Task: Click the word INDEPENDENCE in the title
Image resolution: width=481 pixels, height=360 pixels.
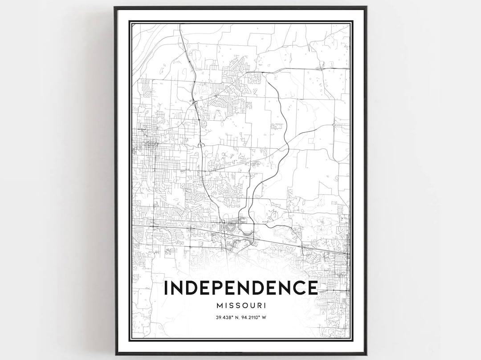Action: click(x=240, y=288)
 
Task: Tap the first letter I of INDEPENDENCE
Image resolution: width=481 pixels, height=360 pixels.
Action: click(x=167, y=288)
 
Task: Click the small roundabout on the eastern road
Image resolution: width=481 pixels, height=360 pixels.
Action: click(x=334, y=126)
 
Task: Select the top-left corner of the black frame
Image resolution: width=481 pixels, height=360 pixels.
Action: click(x=115, y=7)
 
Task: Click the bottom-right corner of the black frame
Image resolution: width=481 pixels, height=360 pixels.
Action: click(x=366, y=354)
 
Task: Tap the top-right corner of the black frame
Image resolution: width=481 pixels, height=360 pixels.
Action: click(x=366, y=7)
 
